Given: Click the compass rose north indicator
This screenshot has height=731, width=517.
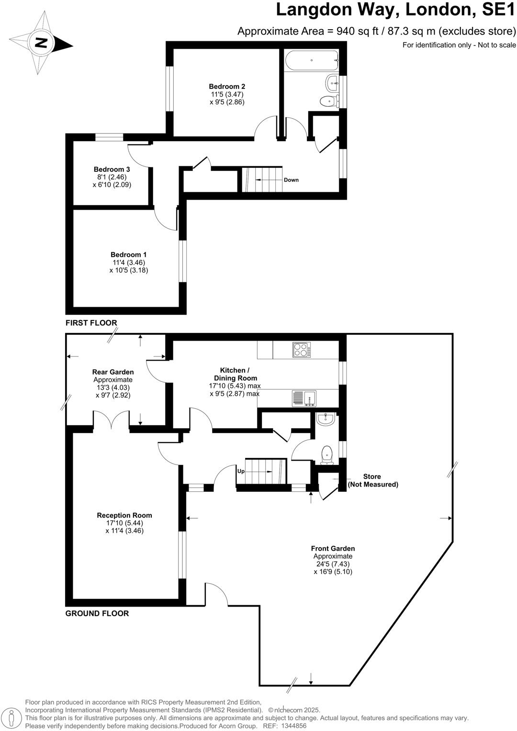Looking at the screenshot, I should pos(42,43).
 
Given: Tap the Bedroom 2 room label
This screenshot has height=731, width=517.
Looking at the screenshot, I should pos(227,87).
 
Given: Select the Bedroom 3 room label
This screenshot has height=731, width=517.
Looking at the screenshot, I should pos(112,169).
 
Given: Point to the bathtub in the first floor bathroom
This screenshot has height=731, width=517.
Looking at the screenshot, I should pos(311,61).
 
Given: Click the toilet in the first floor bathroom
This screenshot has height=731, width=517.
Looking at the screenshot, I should pos(327,101).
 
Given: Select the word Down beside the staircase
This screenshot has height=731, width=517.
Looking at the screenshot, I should pos(291,180).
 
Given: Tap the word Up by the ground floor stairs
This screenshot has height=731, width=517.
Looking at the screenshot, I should pos(241,471).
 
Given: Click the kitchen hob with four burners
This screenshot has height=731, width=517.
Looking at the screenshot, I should pos(302,350).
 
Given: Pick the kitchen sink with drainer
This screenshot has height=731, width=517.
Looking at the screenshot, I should pos(303,398).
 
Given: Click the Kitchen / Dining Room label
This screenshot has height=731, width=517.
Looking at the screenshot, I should pos(235,374).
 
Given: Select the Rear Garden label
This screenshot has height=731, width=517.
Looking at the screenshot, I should pos(113,372).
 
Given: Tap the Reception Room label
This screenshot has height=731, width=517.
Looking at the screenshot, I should pos(124,515).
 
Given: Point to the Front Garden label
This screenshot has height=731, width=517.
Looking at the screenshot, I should pos(333,549).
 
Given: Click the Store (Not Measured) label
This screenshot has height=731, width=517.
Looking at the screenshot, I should pos(372,480).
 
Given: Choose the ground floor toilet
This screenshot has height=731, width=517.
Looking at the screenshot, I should pos(327,454).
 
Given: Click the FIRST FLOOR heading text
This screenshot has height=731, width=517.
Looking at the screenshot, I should pos(91,323).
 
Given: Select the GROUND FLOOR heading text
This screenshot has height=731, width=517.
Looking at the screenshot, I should pos(97,613).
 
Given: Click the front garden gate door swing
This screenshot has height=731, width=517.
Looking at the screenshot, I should pos(215,593).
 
